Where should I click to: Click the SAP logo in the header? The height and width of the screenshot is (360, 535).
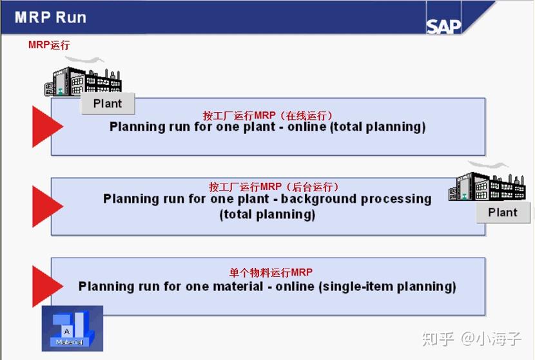tap(443, 26)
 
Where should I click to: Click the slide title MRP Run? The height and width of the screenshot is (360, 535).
tap(50, 17)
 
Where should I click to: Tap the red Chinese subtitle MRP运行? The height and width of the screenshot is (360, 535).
tap(49, 44)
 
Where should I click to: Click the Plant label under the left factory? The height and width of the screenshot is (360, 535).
tap(108, 103)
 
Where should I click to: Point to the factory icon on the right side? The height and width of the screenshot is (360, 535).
tap(487, 184)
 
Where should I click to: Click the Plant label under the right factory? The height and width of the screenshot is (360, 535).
tap(503, 213)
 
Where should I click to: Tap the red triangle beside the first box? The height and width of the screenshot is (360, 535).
tap(48, 126)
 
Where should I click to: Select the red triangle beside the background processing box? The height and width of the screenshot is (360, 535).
tap(48, 206)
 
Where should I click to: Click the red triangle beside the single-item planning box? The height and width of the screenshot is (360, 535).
tap(48, 287)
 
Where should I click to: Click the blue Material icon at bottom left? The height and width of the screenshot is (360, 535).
tap(72, 328)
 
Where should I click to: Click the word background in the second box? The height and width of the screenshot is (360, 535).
tap(319, 199)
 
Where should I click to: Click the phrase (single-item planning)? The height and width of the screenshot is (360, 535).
tap(387, 287)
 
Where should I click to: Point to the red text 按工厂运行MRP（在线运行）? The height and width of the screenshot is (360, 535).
tap(267, 115)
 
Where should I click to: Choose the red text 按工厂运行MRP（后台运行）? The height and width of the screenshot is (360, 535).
tap(274, 187)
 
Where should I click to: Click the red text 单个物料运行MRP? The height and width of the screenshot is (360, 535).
tap(271, 272)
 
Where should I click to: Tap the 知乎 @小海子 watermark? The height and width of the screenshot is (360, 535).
tap(472, 339)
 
